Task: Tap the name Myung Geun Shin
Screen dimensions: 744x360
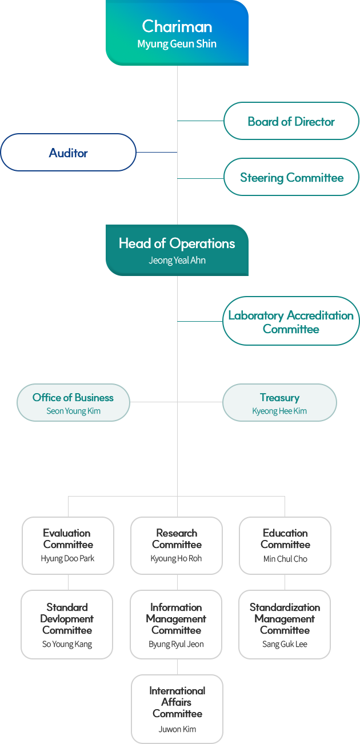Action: (x=177, y=44)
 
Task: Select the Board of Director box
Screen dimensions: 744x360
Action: (x=291, y=121)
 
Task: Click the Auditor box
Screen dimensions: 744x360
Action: (x=68, y=153)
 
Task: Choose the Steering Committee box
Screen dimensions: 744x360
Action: (x=291, y=177)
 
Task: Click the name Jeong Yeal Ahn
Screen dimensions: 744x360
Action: (x=177, y=261)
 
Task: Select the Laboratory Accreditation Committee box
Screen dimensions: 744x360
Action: (x=291, y=322)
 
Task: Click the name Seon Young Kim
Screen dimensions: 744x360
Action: (x=73, y=411)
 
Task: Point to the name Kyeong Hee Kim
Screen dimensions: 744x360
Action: (x=279, y=411)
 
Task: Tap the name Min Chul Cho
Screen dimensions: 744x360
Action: (x=285, y=559)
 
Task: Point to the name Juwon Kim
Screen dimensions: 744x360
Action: (x=177, y=729)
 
